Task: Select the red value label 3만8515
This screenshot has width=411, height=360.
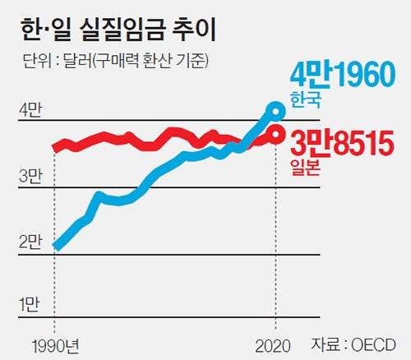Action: (345, 144)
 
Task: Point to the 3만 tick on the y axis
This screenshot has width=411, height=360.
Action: (30, 175)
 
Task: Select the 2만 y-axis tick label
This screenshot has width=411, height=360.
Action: (30, 241)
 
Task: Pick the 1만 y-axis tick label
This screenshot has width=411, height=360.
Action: (30, 305)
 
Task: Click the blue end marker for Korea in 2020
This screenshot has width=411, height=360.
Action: (276, 110)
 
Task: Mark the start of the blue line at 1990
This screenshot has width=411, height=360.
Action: (55, 246)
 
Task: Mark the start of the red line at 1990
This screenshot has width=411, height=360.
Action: (55, 148)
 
